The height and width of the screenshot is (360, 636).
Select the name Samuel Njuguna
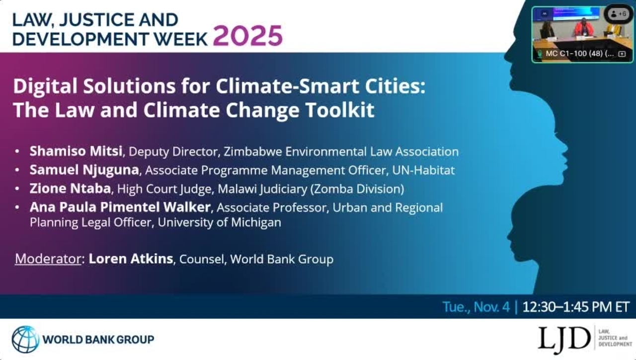coord(84,170)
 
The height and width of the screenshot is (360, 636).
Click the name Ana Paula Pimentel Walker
coord(121,207)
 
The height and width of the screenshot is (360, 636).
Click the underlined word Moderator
coord(48,259)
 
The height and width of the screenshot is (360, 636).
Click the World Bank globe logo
coord(25,339)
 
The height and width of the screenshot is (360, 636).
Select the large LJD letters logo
coord(564,338)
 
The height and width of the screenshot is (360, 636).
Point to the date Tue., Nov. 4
coord(476,307)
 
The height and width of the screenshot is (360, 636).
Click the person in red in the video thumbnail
coord(581,27)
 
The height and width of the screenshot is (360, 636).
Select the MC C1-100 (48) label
coord(579,54)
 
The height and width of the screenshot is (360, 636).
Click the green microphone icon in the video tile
coord(539,54)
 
